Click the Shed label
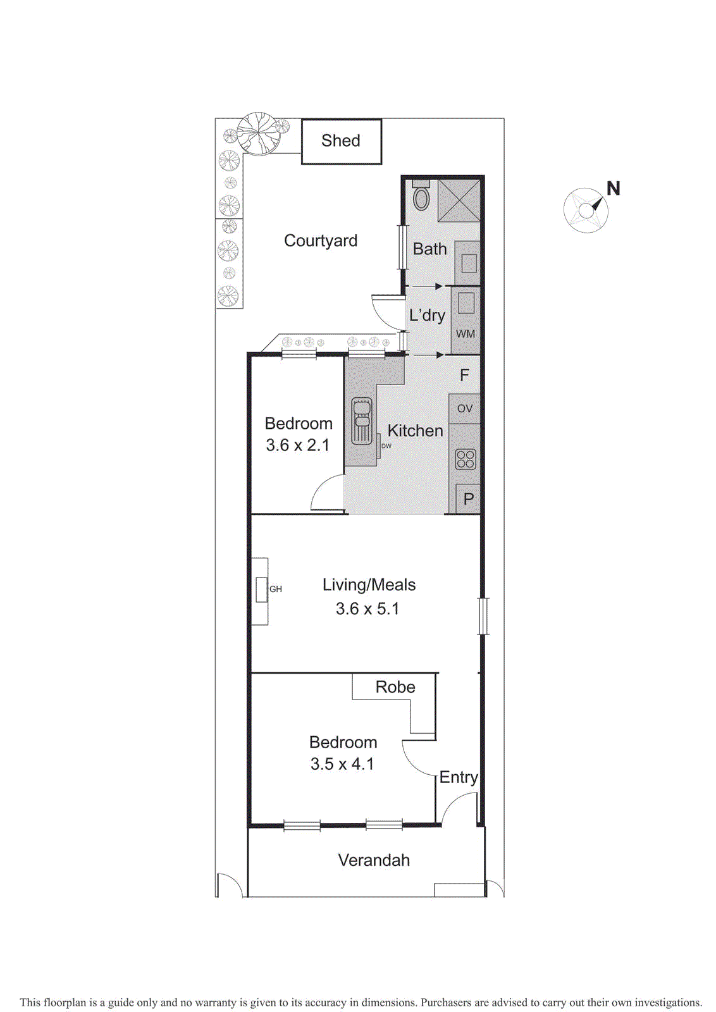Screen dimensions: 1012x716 coord(340,140)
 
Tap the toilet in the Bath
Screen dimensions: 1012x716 coord(421,197)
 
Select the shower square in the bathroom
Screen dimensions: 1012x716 coord(459,201)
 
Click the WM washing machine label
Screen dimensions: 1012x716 coord(466,334)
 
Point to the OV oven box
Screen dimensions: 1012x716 coord(465,409)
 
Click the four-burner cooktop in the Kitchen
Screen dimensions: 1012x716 coord(466,459)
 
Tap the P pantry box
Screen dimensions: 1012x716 coord(468,499)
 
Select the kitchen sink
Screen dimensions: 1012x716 coord(362,421)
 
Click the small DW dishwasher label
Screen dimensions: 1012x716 coord(386,446)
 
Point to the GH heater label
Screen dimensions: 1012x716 coord(276,589)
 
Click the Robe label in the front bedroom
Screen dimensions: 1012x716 coord(395,687)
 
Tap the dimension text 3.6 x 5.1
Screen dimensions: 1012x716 coord(367,608)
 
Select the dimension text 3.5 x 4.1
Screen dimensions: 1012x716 coord(342,764)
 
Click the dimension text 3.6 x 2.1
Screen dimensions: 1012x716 coord(298,445)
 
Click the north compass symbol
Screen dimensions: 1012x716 coord(586,210)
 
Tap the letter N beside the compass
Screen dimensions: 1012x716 coord(613,188)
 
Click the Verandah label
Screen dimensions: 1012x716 coord(374,860)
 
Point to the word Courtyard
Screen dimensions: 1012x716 coord(321,241)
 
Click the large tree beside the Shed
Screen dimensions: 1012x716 coord(259,133)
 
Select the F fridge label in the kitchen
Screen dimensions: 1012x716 coord(464,375)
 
